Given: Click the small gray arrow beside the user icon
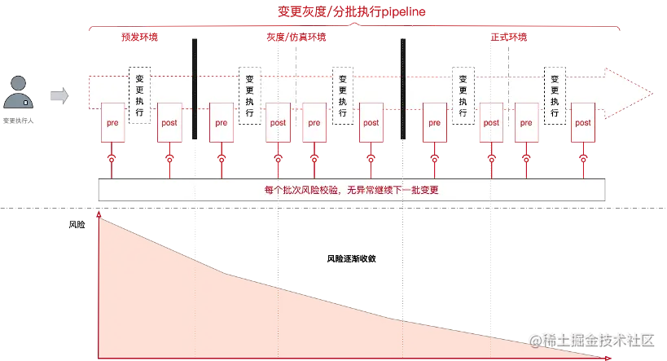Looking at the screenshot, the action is click(x=59, y=97).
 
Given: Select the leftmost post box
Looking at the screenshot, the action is click(x=169, y=123).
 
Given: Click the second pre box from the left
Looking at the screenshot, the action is click(x=221, y=123).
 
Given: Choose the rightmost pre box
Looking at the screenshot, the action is click(x=526, y=123).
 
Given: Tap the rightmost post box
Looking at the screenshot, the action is click(x=582, y=123).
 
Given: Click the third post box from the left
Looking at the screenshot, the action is click(x=371, y=123).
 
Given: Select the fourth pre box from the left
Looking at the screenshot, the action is click(x=433, y=123).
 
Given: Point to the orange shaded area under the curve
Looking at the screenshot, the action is click(x=204, y=310).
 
